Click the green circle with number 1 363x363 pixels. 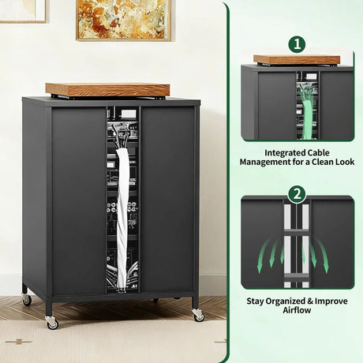click(x=297, y=43)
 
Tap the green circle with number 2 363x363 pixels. click(x=297, y=193)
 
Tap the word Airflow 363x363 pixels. click(x=297, y=311)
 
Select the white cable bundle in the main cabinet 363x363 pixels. click(x=122, y=213)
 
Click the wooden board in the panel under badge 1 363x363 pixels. click(x=297, y=59)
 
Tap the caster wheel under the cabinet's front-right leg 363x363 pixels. click(x=198, y=316)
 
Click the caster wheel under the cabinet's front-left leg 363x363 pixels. click(x=53, y=323)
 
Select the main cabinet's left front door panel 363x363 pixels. click(x=78, y=201)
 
